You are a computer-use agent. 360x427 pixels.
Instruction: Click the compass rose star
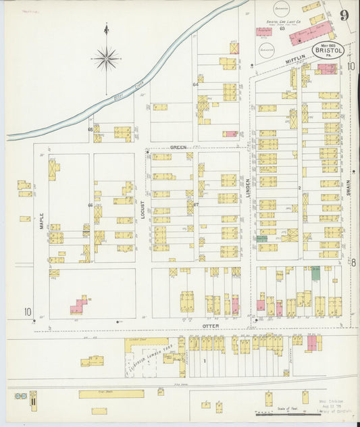106,59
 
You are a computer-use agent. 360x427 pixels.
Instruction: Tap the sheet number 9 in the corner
344,16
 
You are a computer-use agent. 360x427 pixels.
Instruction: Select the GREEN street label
178,147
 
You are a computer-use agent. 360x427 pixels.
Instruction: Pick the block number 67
196,204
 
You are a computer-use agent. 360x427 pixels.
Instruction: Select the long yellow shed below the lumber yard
111,393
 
